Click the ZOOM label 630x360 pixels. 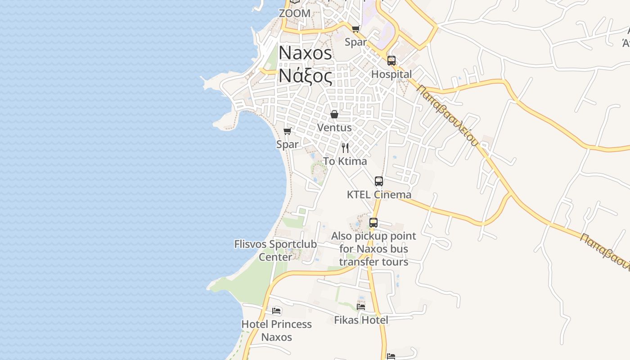295,13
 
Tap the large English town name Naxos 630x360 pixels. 306,53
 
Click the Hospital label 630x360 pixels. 391,74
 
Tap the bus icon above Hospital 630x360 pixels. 391,61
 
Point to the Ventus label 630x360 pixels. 334,127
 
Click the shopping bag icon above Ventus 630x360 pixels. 334,114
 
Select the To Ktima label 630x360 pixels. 345,161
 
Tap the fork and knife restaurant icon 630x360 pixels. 345,148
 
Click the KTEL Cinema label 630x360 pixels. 379,194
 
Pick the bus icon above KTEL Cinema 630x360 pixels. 379,181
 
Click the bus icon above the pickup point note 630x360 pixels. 373,223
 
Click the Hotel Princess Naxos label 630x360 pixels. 277,330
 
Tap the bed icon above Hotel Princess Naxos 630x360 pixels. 277,310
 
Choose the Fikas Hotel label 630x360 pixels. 361,320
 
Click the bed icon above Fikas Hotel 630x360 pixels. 361,307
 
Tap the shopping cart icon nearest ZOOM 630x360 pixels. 355,29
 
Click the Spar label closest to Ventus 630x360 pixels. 288,144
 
